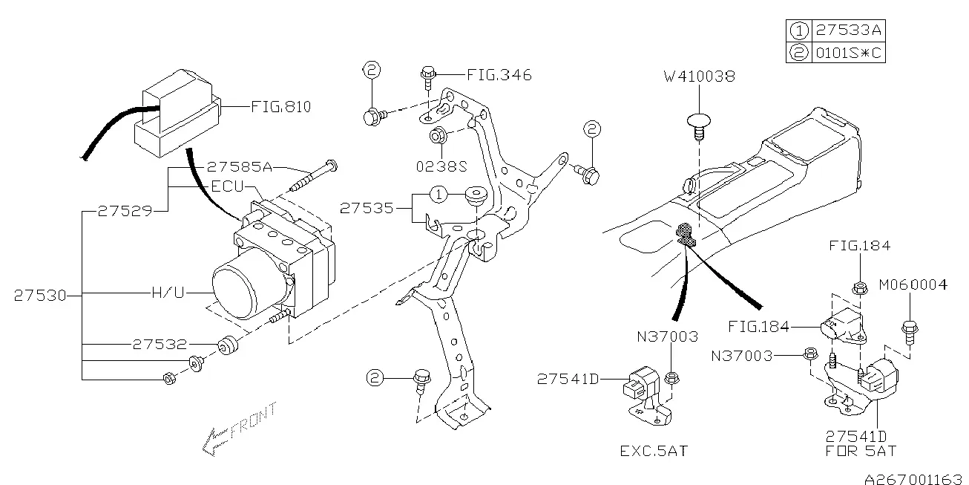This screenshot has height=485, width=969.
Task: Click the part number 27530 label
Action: [x=40, y=296]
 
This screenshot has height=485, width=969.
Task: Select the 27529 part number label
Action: [x=125, y=211]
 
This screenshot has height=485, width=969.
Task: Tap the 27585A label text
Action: [x=240, y=166]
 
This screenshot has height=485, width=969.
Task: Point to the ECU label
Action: [x=228, y=186]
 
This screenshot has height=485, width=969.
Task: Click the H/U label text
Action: [x=168, y=293]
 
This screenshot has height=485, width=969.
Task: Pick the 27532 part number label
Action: [x=160, y=345]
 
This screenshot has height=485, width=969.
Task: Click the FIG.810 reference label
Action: [x=281, y=106]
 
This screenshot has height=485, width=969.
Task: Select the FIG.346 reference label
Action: [x=499, y=75]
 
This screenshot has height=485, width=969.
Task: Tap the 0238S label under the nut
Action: [x=441, y=166]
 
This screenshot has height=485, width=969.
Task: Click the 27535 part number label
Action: [x=367, y=208]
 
